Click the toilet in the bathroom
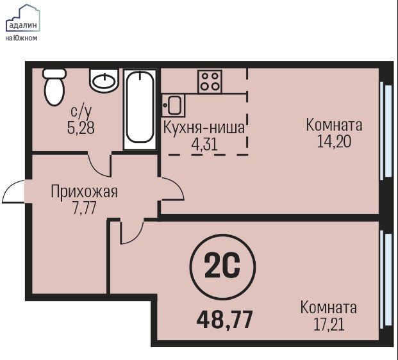tap(54, 86)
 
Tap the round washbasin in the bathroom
tap(104, 80)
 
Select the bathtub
tap(140, 110)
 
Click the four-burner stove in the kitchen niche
tap(210, 81)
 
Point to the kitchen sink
tap(173, 105)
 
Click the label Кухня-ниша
tap(204, 127)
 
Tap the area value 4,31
tap(204, 145)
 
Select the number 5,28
tap(81, 127)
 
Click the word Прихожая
tap(84, 192)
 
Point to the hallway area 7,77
tap(84, 208)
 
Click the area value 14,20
tap(335, 142)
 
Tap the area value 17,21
tap(329, 325)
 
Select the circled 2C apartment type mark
tap(222, 267)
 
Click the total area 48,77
tap(225, 320)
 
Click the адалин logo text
tap(23, 26)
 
